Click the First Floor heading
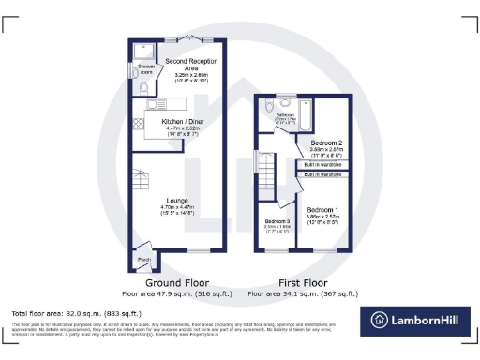click(x=307, y=282)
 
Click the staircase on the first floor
click(x=267, y=172)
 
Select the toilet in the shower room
click(x=143, y=86)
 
